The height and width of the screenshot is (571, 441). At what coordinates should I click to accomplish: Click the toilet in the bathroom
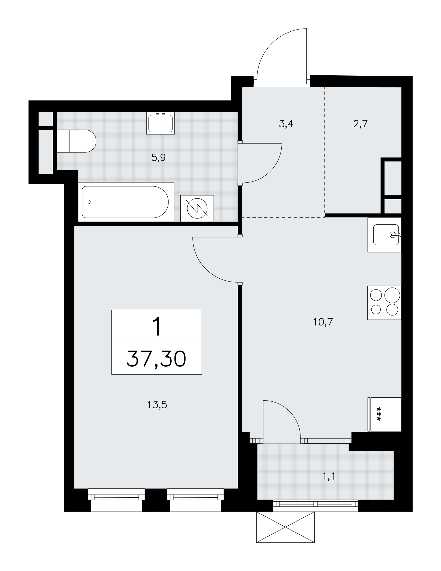76,141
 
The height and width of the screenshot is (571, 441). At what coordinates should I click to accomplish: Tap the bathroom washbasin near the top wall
160,123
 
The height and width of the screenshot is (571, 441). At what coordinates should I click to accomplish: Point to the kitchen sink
385,235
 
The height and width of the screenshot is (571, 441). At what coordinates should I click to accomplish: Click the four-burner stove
385,303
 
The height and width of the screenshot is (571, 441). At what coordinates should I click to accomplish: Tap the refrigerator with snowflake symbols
385,414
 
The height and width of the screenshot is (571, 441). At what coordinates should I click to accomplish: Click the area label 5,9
158,158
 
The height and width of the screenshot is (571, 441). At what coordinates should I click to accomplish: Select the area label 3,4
286,124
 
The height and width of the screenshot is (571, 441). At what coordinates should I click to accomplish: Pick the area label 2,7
360,124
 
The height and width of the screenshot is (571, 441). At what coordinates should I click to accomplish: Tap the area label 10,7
323,322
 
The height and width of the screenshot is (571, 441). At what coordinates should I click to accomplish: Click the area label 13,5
157,405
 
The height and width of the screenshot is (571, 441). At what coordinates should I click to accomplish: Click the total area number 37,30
157,359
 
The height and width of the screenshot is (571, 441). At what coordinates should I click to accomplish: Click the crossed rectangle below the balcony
285,527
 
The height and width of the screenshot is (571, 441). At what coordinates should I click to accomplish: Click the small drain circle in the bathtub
90,202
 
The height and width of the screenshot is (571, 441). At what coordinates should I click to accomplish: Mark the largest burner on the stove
392,295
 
